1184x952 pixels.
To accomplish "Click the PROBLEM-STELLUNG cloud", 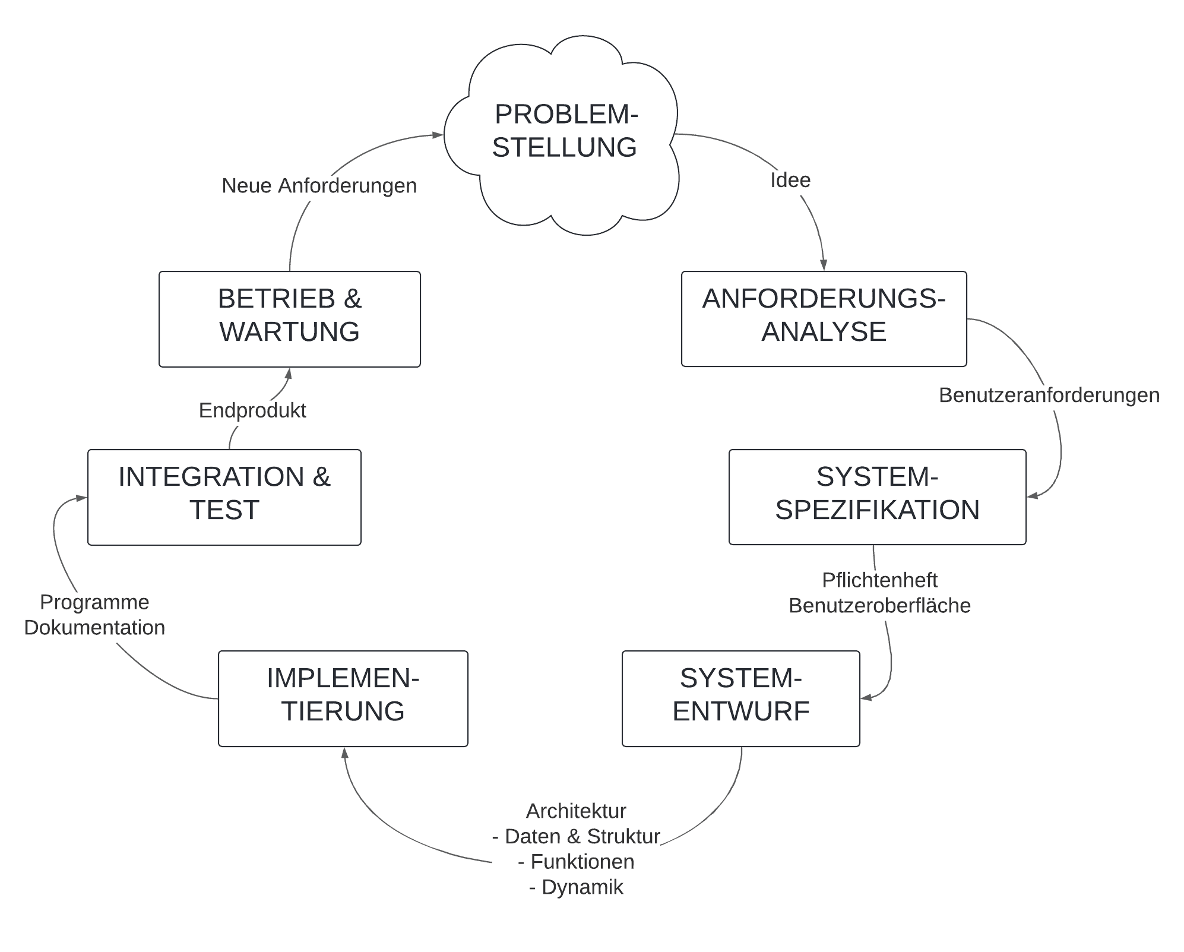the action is [561, 135].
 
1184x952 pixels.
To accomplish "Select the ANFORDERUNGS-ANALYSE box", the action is [824, 319].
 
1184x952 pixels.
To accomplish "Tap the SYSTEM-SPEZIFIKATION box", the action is [877, 497].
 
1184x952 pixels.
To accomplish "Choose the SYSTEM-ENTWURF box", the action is [740, 698].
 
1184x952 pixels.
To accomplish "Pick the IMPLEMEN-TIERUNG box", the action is [343, 698].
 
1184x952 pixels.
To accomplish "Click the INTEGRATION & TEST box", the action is [224, 497].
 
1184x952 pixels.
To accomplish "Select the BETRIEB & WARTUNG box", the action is [290, 319].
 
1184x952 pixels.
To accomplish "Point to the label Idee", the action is [790, 180].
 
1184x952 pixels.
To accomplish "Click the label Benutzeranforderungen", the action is [1049, 396].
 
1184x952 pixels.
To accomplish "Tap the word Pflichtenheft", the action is [880, 580].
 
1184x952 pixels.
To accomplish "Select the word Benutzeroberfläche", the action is [880, 605].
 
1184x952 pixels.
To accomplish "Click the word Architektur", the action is [576, 811].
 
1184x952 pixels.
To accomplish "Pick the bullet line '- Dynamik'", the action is [576, 887].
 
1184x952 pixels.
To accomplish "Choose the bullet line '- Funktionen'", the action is [576, 862].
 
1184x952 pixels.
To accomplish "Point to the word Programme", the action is [94, 602].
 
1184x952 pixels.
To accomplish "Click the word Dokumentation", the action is [94, 628].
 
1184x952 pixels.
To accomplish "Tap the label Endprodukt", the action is [252, 410].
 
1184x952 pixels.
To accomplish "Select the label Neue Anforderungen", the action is [319, 186].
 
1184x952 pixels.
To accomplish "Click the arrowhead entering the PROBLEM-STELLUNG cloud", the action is [438, 135].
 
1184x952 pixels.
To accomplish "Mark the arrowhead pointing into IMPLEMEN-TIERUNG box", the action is [344, 753].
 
